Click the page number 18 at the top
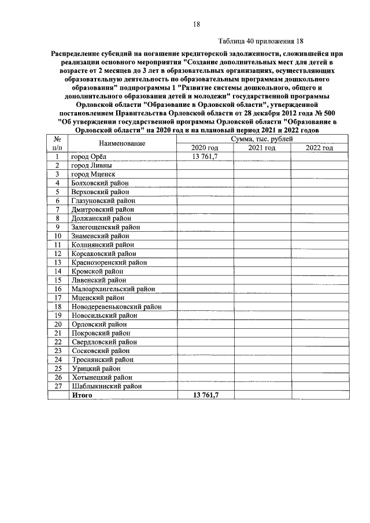[197, 24]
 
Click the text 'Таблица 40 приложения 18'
[261, 42]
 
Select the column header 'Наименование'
[121, 143]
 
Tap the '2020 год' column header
[205, 148]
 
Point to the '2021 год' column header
[261, 148]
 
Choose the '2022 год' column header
[319, 148]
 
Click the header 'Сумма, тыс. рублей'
[261, 139]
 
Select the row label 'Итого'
[82, 395]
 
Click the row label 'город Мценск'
[92, 174]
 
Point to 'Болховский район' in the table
[100, 183]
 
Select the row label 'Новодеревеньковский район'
[116, 306]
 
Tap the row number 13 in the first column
[58, 262]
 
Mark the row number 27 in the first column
[58, 386]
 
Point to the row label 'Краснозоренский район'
[109, 262]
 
